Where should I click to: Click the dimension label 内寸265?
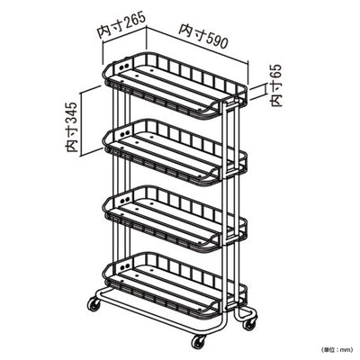(121, 25)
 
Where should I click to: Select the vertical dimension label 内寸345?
(72, 127)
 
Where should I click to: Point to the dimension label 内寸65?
(276, 85)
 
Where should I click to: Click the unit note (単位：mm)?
(337, 349)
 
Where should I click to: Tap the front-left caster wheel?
(94, 304)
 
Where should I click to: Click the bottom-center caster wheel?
(199, 341)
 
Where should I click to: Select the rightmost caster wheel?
(249, 323)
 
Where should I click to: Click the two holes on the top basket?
(124, 67)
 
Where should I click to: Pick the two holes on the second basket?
(124, 133)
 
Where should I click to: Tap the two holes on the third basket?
(124, 200)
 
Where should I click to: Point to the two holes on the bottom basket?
(124, 266)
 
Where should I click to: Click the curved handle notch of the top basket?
(211, 106)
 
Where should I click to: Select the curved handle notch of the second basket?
(211, 173)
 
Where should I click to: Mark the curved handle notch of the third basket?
(211, 239)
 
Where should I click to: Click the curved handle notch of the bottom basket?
(211, 306)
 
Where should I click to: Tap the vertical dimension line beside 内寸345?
(81, 124)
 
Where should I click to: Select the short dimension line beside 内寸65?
(265, 90)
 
